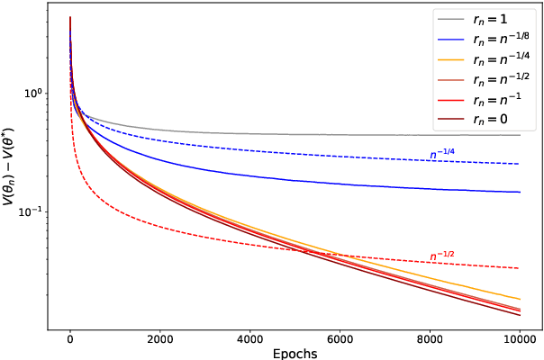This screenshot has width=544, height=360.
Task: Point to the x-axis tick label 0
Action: (69, 339)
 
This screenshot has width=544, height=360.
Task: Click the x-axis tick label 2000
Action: (159, 339)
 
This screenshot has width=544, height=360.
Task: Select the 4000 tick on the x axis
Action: (249, 339)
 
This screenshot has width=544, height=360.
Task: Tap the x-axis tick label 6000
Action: (340, 339)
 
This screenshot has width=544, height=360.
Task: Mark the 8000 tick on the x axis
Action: (430, 339)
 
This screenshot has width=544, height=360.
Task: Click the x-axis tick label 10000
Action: (520, 339)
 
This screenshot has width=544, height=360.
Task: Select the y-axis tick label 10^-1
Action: (29, 211)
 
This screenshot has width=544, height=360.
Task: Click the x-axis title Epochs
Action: (295, 353)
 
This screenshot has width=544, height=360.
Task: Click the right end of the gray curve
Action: (520, 135)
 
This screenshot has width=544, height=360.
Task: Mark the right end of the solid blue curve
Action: (520, 192)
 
